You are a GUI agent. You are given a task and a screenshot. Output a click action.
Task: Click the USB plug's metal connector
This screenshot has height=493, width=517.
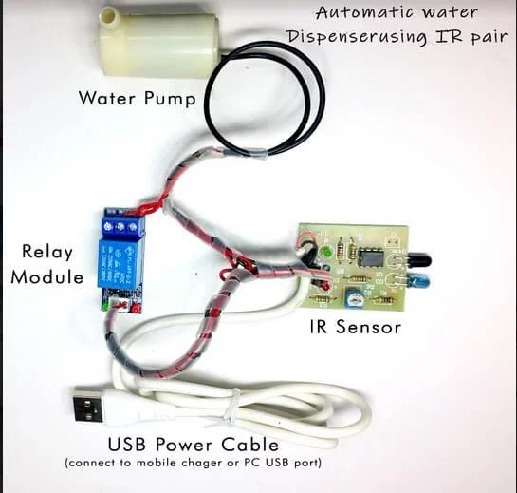tap(87, 404)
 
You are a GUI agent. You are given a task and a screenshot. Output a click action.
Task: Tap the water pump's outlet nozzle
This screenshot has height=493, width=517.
tap(109, 16)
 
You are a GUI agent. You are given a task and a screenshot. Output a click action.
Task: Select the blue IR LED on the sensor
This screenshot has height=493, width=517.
tap(417, 283)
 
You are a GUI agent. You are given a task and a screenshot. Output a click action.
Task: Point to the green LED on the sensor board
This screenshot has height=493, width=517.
tap(326, 253)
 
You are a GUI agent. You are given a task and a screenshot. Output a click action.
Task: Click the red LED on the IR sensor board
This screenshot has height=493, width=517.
tap(325, 286)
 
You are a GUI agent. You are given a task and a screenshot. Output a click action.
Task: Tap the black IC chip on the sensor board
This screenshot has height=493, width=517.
tap(371, 256)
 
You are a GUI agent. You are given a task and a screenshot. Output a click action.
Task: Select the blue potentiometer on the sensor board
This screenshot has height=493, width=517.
tap(354, 297)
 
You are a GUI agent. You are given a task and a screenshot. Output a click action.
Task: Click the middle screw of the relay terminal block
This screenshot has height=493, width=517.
tap(120, 226)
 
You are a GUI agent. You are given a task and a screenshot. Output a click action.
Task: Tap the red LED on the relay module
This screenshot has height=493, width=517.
tap(136, 309)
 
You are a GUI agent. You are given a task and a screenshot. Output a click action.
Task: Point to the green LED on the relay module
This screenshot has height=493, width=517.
tap(106, 307)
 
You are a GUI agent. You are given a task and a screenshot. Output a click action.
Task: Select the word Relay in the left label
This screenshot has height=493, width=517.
tap(47, 253)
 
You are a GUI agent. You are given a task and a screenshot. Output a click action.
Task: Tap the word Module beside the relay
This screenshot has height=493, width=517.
tap(46, 276)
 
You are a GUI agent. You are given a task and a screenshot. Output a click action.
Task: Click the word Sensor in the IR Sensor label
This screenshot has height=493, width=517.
tap(368, 327)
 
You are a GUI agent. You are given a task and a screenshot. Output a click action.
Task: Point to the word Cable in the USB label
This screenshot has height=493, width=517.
tap(249, 445)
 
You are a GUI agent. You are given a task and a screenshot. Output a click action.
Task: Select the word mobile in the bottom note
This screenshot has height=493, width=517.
tap(156, 463)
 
